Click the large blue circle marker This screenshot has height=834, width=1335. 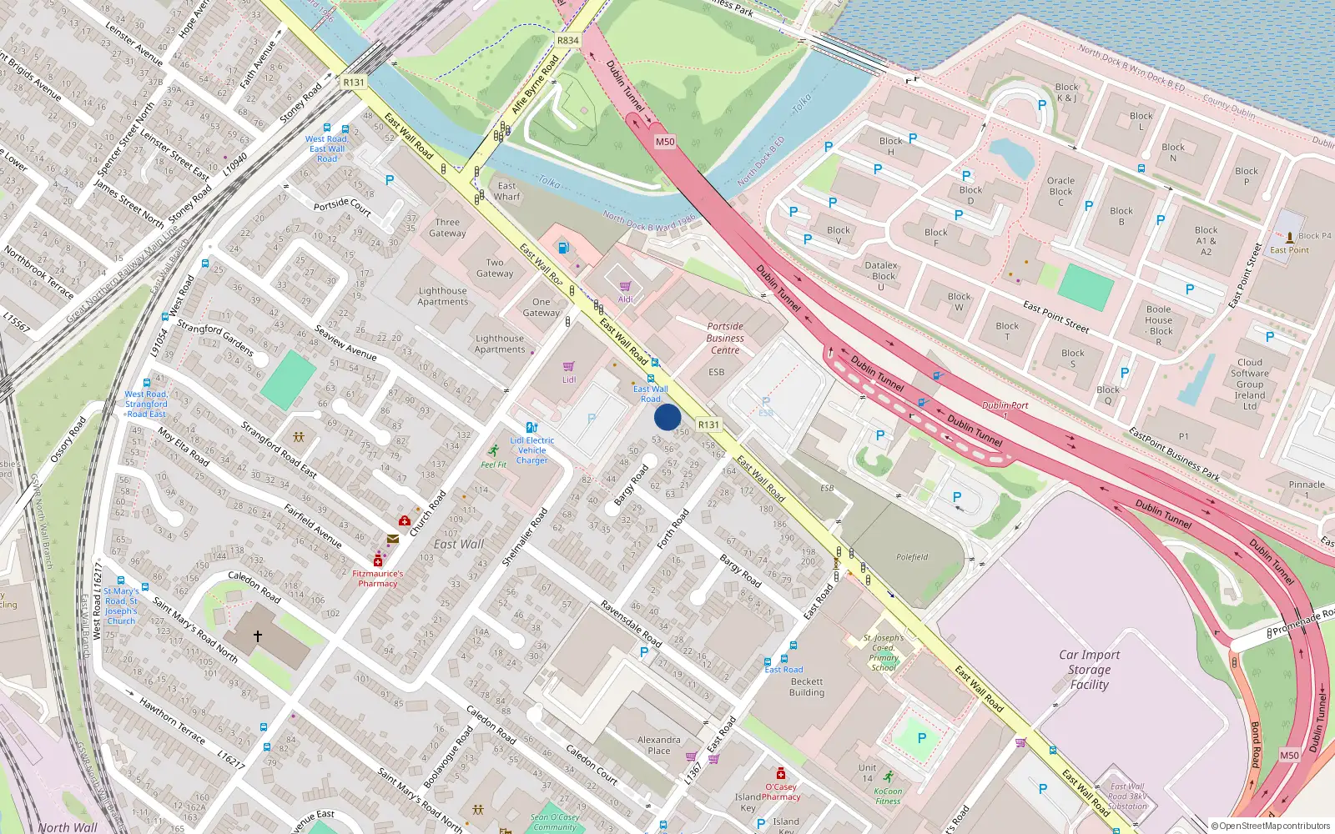point(667,417)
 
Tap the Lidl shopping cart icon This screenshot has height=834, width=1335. point(569,367)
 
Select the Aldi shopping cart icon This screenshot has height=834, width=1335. point(625,287)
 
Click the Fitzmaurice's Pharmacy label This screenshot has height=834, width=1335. point(377,578)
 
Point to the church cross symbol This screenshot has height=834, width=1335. point(258,636)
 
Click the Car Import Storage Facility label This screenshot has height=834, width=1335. point(1089,670)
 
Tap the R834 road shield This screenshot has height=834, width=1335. point(567,40)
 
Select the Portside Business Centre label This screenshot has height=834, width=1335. point(725,338)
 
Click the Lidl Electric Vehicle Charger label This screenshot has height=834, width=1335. point(532,450)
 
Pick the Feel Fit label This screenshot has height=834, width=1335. point(493,465)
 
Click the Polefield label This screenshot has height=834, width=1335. point(912,557)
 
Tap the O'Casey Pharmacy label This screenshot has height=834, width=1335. point(781,791)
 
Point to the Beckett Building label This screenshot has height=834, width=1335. point(807,686)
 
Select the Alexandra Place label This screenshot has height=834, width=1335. point(658,745)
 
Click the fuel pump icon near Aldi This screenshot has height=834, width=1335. point(563,248)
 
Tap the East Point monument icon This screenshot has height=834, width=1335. point(1290,237)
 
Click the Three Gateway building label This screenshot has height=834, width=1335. point(447,228)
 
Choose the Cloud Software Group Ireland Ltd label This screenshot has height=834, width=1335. point(1249,384)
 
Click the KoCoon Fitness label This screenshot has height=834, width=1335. point(888,796)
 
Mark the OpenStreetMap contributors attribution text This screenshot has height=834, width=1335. point(1270,826)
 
